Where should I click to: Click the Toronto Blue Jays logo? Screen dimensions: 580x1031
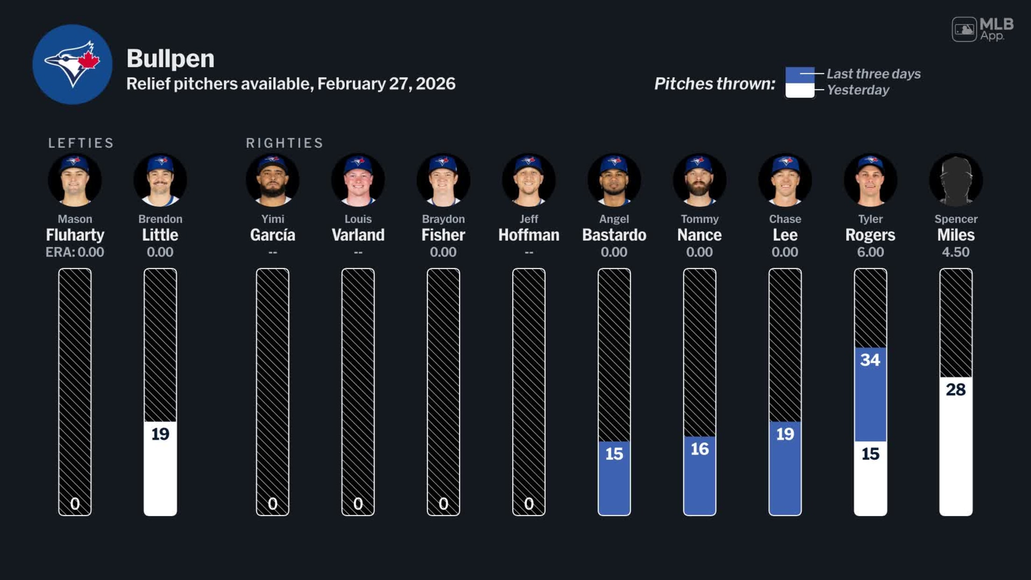[x=72, y=64]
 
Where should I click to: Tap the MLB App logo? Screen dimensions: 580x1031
[x=982, y=29]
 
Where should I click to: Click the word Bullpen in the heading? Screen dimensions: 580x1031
[x=170, y=59]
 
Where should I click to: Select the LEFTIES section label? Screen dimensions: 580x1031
[x=81, y=143]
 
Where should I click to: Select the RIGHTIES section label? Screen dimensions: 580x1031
[x=284, y=143]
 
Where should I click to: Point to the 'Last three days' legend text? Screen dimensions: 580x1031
[x=873, y=74]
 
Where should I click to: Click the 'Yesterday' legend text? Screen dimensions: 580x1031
[x=858, y=90]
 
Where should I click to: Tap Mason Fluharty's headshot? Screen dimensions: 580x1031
[x=75, y=180]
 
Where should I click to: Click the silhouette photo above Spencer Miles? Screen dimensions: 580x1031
[x=955, y=180]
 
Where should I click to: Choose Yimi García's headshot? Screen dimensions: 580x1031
[x=273, y=180]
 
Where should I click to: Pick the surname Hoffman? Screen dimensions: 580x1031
[x=529, y=235]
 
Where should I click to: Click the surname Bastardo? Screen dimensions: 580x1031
[x=614, y=235]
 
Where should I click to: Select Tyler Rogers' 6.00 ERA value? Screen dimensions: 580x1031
[x=870, y=252]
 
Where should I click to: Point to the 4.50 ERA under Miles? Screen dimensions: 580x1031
[x=955, y=252]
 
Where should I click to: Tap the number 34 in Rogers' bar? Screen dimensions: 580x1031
[x=870, y=360]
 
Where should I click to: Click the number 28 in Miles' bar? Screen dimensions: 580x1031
[x=955, y=389]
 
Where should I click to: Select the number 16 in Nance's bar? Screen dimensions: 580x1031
[x=699, y=449]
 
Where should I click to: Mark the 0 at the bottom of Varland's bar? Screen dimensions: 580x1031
[x=358, y=503]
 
